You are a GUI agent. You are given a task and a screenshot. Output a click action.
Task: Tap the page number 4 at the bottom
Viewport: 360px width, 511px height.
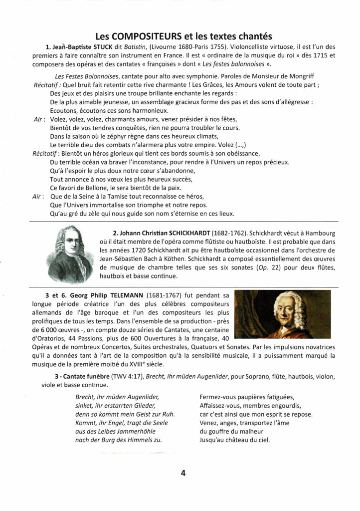click(x=183, y=473)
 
